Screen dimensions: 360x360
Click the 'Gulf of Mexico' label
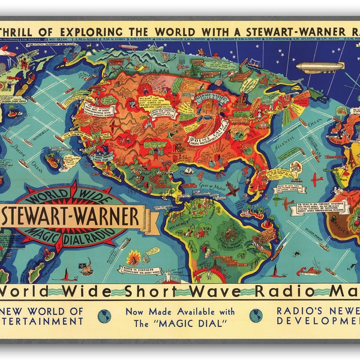[x=206, y=188]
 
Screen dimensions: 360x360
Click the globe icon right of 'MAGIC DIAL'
[x=255, y=316]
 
